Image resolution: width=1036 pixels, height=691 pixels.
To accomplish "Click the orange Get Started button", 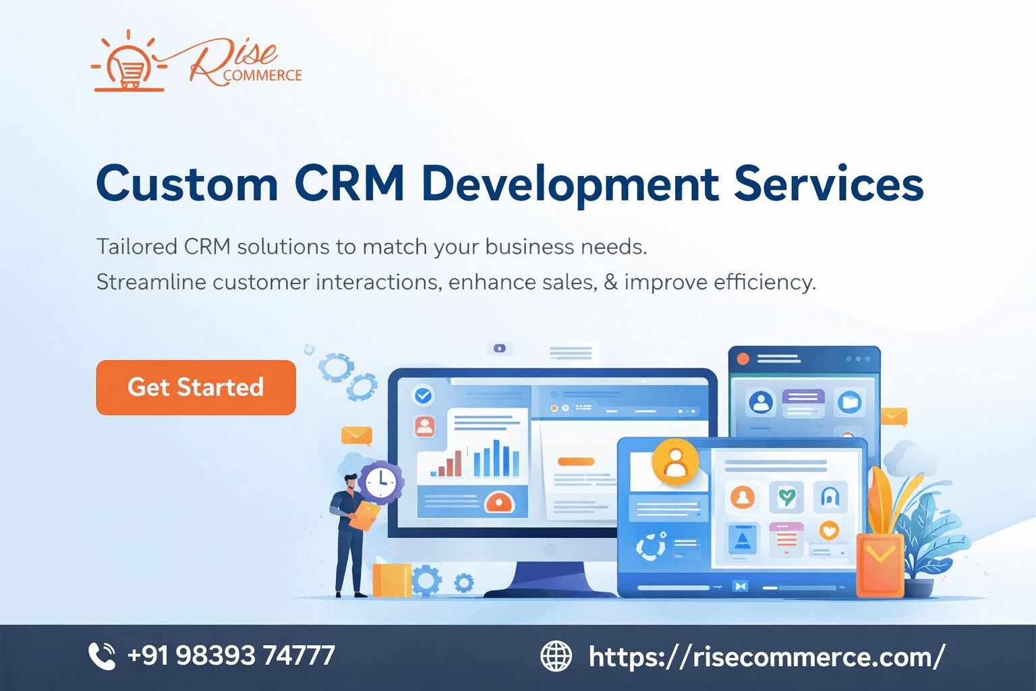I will pyautogui.click(x=196, y=387).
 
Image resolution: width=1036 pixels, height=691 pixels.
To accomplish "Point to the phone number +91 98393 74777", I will pyautogui.click(x=231, y=655).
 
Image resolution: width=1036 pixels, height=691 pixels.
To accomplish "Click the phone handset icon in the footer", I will pyautogui.click(x=103, y=656).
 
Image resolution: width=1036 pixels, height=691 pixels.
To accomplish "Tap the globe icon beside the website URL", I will pyautogui.click(x=556, y=656).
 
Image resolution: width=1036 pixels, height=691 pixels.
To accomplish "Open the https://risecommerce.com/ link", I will pyautogui.click(x=767, y=656).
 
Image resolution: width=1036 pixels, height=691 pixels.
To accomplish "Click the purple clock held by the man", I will pyautogui.click(x=381, y=480).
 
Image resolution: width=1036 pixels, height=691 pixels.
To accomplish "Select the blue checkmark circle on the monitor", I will pyautogui.click(x=424, y=395).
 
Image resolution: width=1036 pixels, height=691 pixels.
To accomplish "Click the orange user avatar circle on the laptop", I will pyautogui.click(x=674, y=461).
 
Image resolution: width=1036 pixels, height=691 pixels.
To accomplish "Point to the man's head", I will pyautogui.click(x=351, y=481).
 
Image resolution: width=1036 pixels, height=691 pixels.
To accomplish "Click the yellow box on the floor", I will pyautogui.click(x=391, y=580).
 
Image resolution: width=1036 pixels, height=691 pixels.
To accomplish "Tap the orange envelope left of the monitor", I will pyautogui.click(x=356, y=435).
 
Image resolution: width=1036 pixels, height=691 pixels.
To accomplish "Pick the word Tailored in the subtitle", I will pyautogui.click(x=136, y=246).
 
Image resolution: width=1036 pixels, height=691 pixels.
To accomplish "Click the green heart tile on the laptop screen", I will pyautogui.click(x=786, y=497).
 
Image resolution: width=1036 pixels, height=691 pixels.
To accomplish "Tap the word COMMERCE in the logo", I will pyautogui.click(x=262, y=76).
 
